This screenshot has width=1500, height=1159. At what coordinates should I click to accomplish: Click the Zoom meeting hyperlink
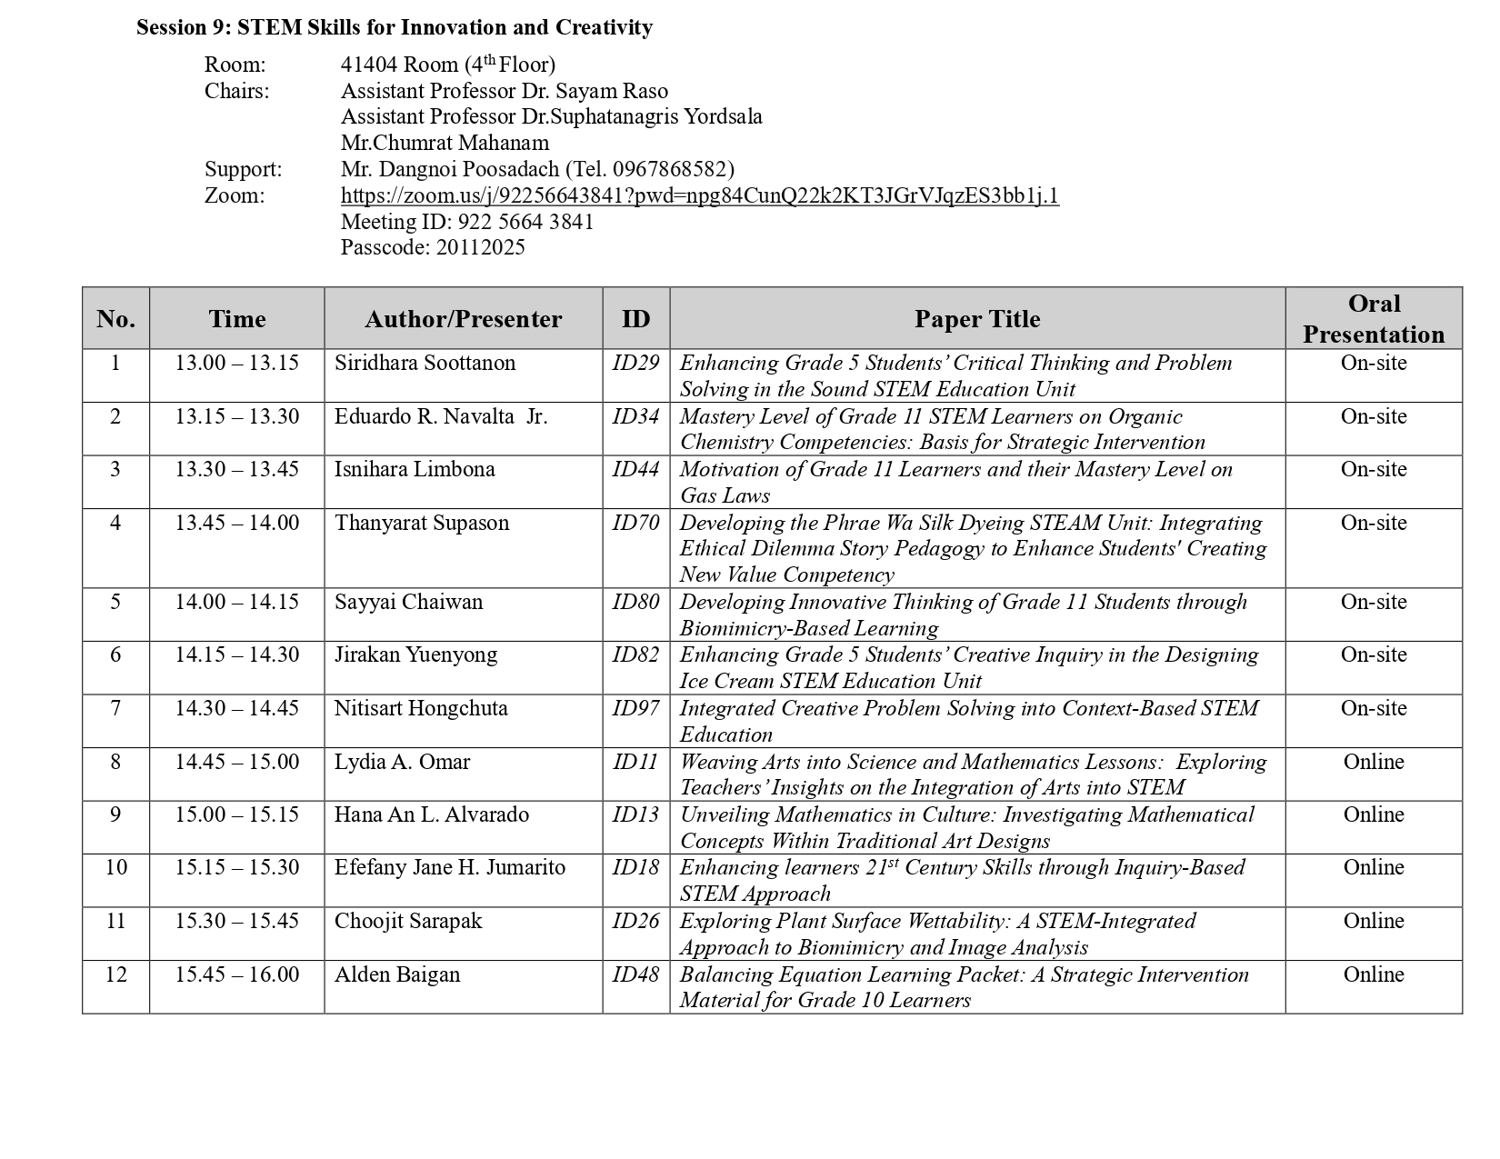699,195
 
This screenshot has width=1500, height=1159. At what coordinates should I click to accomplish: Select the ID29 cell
635,363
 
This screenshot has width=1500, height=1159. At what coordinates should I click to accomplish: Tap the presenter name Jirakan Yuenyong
415,654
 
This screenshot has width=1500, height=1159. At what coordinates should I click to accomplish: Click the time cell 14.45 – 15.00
236,762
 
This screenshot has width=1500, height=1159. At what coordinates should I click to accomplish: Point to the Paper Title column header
976,319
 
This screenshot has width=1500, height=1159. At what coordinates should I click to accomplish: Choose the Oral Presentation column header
1373,319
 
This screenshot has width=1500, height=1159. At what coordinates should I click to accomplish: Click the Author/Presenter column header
463,319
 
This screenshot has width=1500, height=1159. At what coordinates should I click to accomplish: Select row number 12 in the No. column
115,974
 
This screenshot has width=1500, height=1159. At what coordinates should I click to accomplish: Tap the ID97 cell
635,708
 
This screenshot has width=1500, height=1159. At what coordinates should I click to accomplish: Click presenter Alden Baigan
397,974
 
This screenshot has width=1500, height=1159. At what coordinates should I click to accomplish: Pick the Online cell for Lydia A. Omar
1373,762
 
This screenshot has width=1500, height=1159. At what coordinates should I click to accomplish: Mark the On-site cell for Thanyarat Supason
1373,523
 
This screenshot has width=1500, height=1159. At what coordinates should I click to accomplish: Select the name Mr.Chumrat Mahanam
445,143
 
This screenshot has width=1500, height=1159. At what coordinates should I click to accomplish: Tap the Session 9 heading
394,27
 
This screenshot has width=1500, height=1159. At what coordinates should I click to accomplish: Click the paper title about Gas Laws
955,482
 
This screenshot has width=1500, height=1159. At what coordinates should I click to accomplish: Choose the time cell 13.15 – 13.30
236,416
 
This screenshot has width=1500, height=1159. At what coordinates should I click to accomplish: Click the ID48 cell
635,974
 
